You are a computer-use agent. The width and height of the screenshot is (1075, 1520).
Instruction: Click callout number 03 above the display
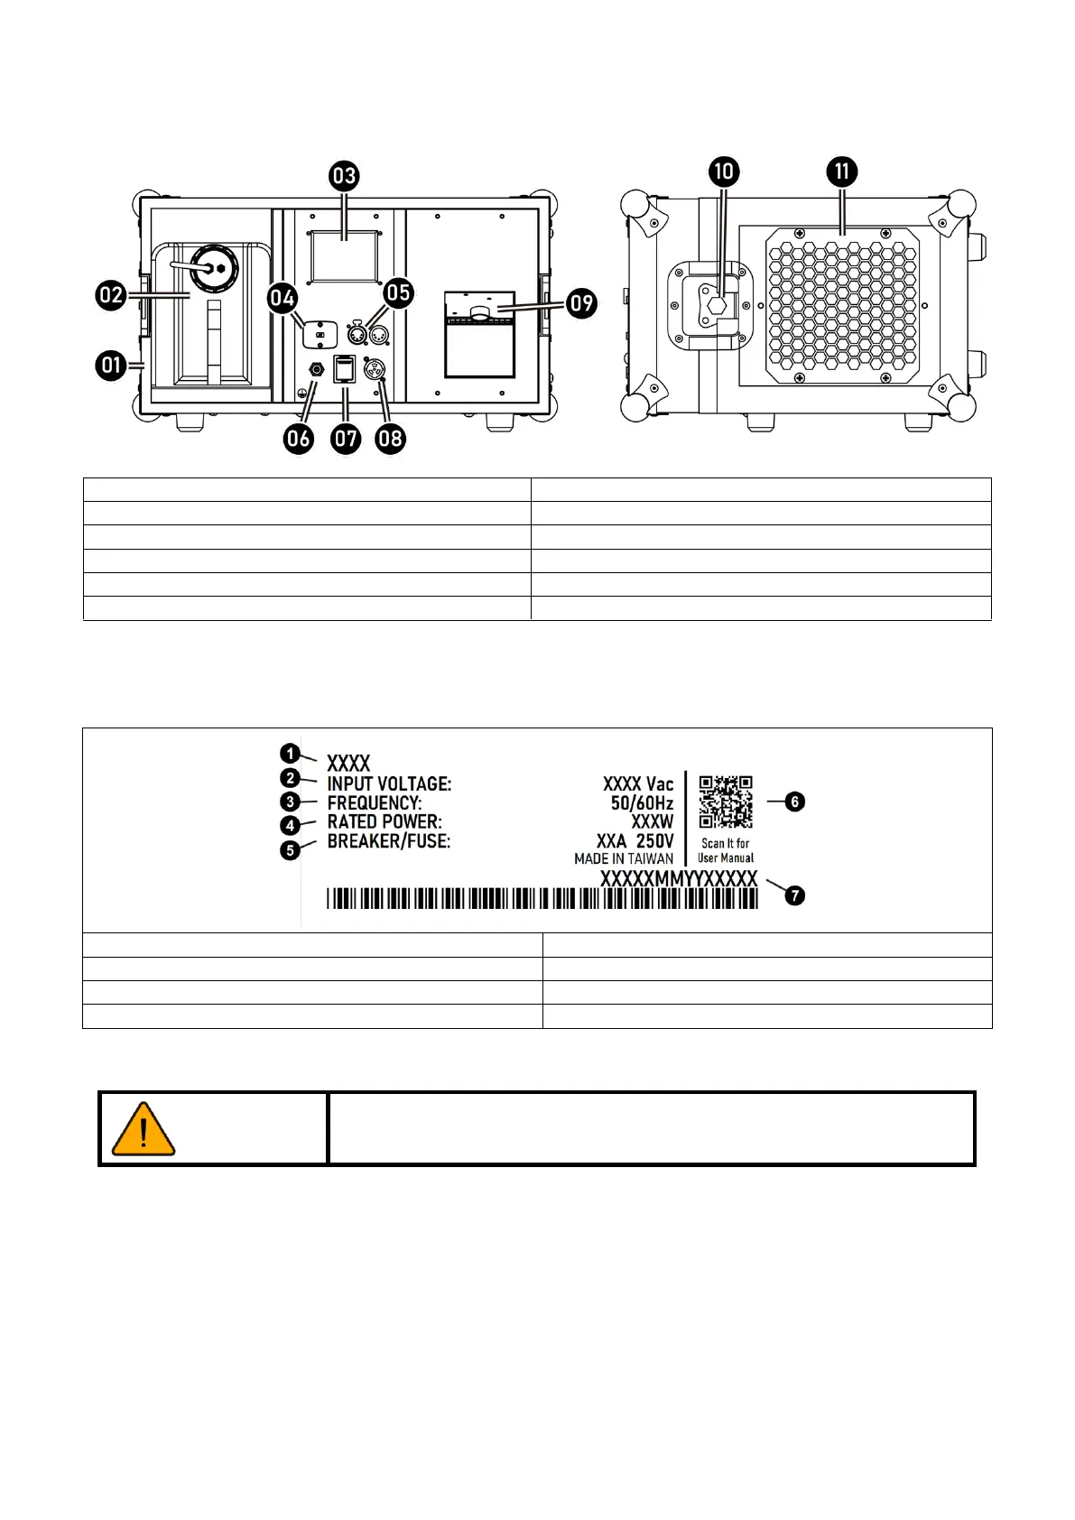pos(345,175)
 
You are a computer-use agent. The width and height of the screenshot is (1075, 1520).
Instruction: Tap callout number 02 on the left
pos(111,295)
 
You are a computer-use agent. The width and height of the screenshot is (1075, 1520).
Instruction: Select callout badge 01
pos(111,366)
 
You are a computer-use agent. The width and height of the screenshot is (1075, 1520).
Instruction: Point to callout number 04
pos(283,298)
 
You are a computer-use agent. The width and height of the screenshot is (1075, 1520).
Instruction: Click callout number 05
pos(398,292)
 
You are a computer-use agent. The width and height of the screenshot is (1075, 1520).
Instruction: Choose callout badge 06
pos(298,439)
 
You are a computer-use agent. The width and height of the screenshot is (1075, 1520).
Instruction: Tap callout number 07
pos(346,440)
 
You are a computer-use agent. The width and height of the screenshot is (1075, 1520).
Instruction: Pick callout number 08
pos(391,440)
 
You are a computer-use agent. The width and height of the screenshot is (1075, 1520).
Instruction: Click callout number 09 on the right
pos(582,302)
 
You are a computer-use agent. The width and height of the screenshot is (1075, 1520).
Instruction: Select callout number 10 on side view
pos(725,171)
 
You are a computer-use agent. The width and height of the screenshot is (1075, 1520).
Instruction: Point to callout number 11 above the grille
pos(842,171)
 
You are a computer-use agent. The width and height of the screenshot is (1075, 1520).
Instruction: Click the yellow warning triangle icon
pos(144,1129)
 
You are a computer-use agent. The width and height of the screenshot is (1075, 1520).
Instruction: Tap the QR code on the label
pos(726,802)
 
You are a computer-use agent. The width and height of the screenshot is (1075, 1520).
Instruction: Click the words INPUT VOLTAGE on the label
pos(389,783)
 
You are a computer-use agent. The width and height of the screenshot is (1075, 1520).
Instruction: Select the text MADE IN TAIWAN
pos(624,858)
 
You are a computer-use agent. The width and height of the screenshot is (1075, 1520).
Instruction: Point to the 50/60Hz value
pos(642,802)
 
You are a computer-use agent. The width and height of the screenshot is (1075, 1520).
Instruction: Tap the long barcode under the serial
pos(542,899)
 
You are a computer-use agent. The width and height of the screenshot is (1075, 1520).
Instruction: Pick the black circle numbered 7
pos(794,895)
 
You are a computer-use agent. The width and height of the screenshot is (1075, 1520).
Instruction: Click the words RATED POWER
pos(385,821)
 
